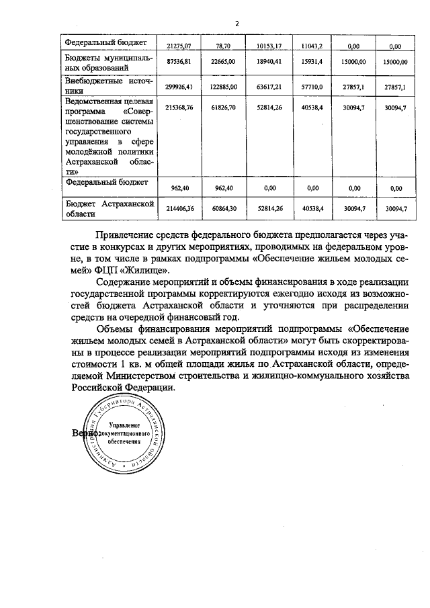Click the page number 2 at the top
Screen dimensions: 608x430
pos(236,24)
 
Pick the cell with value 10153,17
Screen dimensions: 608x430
pos(268,46)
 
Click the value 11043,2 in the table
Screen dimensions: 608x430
pos(311,46)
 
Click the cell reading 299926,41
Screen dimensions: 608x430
pos(179,87)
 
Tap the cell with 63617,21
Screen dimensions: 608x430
pos(267,87)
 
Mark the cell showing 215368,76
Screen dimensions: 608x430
pos(179,107)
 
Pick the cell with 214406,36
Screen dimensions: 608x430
pos(179,209)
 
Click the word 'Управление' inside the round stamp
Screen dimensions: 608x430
pos(122,427)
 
